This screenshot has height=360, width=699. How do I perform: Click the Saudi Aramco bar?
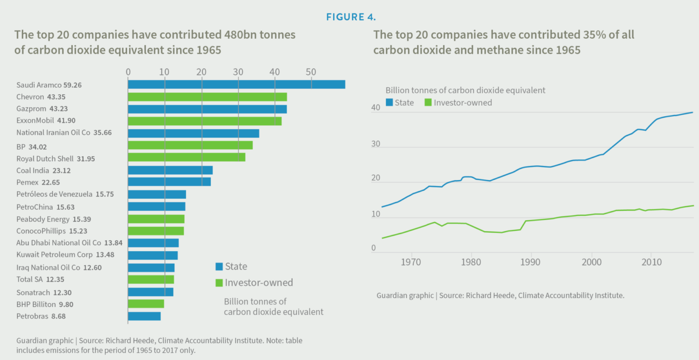pos(236,85)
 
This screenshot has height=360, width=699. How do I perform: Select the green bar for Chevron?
pos(207,97)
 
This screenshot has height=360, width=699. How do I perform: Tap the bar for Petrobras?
pos(144,316)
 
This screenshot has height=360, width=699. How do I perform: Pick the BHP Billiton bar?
pos(146,304)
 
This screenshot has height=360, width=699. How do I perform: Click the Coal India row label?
pos(43,171)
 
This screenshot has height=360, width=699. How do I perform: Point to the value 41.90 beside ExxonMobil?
pos(66,121)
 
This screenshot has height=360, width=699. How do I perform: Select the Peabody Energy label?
pos(43,219)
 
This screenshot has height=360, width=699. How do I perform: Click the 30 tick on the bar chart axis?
pos(238,72)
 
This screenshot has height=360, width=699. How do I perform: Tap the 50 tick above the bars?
pos(311,72)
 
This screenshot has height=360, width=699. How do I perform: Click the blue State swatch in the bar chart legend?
pos(219,267)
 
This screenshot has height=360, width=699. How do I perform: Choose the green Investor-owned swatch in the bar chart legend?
pos(219,283)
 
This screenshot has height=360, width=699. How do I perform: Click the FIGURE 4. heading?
pos(351,17)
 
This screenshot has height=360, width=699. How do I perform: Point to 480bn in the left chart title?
pos(240,35)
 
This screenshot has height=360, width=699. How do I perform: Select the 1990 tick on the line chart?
pos(531,262)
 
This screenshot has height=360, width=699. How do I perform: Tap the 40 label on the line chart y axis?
pos(375,108)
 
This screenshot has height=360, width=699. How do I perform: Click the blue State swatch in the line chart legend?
pos(389,103)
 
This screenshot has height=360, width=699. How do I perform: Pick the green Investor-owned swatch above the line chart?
pos(428,103)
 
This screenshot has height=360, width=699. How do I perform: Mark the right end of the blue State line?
pos(693,112)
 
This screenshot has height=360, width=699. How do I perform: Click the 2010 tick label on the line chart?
pos(651,262)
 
